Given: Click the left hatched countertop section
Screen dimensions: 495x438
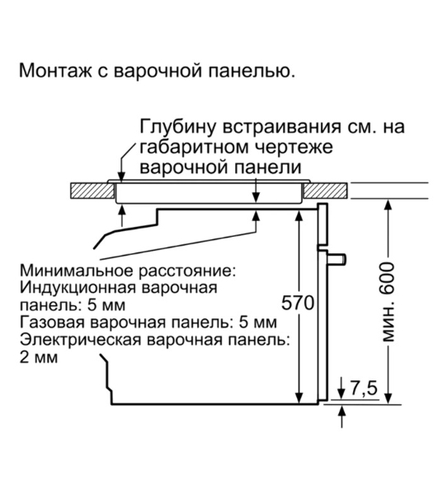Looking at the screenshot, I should click(89, 191).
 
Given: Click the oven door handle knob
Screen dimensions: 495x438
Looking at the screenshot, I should click(337, 260).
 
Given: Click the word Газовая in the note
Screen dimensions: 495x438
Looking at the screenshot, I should click(49, 322).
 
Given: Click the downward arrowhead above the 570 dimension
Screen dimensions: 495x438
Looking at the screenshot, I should click(298, 213).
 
